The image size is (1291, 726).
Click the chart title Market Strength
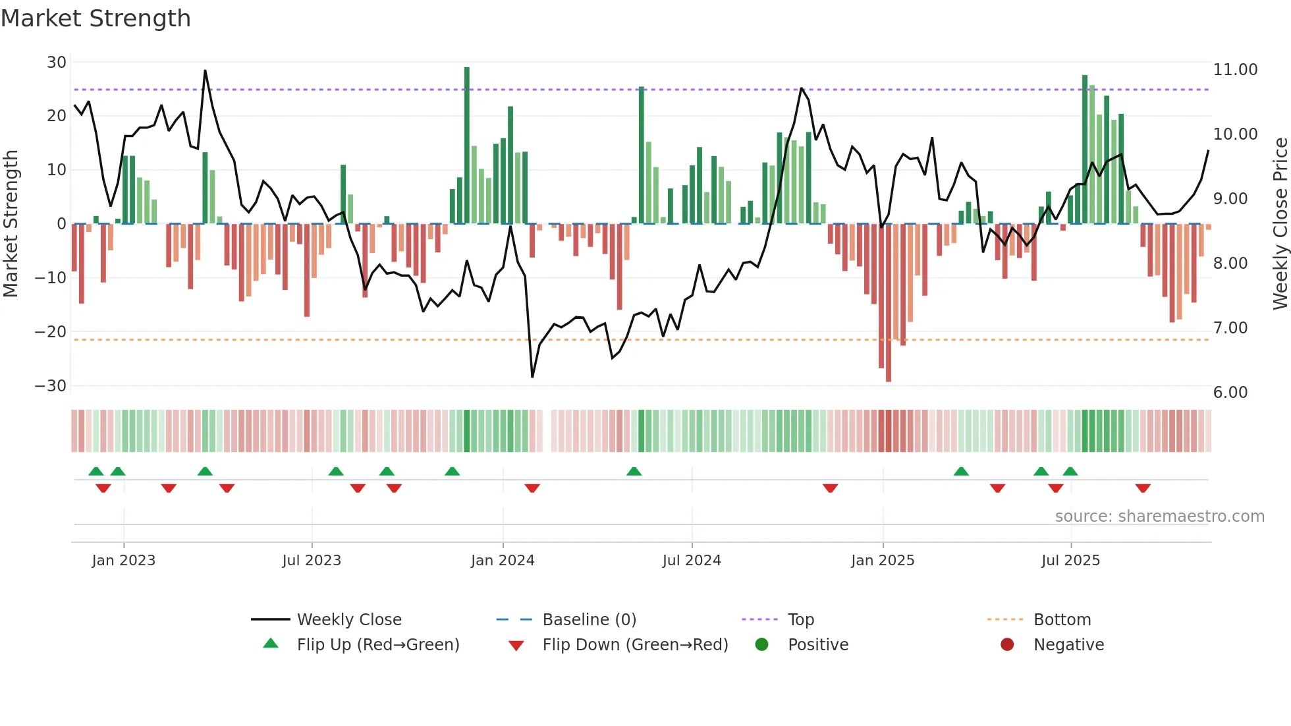pyautogui.click(x=96, y=18)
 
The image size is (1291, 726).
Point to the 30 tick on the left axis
pyautogui.click(x=57, y=63)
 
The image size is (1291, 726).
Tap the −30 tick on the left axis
pyautogui.click(x=51, y=386)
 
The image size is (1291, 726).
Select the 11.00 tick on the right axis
pyautogui.click(x=1235, y=70)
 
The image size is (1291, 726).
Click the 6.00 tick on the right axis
pyautogui.click(x=1230, y=393)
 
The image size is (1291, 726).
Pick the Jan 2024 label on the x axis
pyautogui.click(x=503, y=561)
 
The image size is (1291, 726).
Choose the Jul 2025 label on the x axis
pyautogui.click(x=1070, y=561)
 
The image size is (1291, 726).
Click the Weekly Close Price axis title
pyautogui.click(x=1280, y=224)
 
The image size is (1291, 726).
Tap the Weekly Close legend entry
pyautogui.click(x=348, y=620)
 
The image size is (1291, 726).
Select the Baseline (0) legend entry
pyautogui.click(x=589, y=620)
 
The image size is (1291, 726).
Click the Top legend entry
pyautogui.click(x=800, y=620)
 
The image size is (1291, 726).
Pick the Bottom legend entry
pyautogui.click(x=1062, y=620)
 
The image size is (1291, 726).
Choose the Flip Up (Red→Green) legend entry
pyautogui.click(x=377, y=645)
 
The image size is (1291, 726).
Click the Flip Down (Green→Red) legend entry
pyautogui.click(x=635, y=645)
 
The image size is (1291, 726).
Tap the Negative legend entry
pyautogui.click(x=1068, y=645)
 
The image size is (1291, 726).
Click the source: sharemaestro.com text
pyautogui.click(x=1159, y=517)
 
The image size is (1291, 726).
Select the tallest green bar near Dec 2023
pyautogui.click(x=467, y=145)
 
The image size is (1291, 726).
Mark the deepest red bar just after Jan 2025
pyautogui.click(x=889, y=303)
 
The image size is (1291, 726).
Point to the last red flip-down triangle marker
pyautogui.click(x=1143, y=488)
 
